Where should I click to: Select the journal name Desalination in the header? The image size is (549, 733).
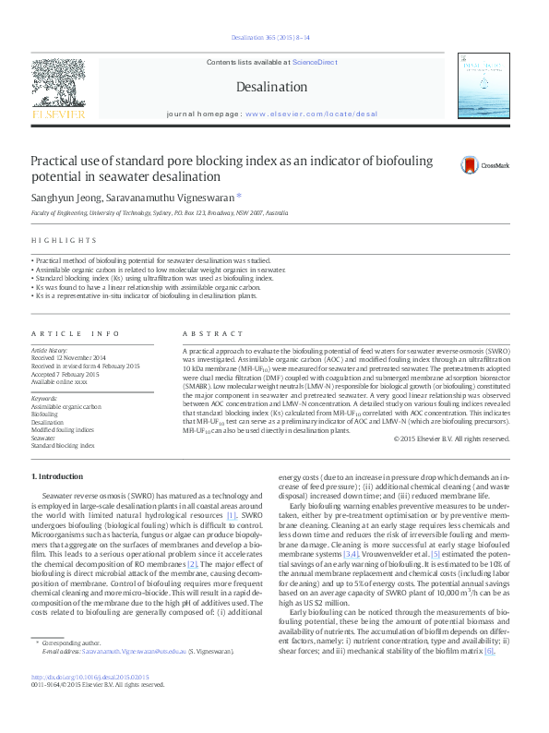(x=271, y=87)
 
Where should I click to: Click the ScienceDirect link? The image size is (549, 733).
(x=315, y=61)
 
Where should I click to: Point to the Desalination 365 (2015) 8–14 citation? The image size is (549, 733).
(x=271, y=37)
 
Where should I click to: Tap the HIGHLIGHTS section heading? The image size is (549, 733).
(x=58, y=243)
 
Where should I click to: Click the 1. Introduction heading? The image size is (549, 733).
(x=57, y=475)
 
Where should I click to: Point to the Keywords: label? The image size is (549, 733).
(x=45, y=399)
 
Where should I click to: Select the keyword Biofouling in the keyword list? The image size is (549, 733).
(x=44, y=415)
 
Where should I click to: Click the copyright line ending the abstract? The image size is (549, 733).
(x=451, y=439)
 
